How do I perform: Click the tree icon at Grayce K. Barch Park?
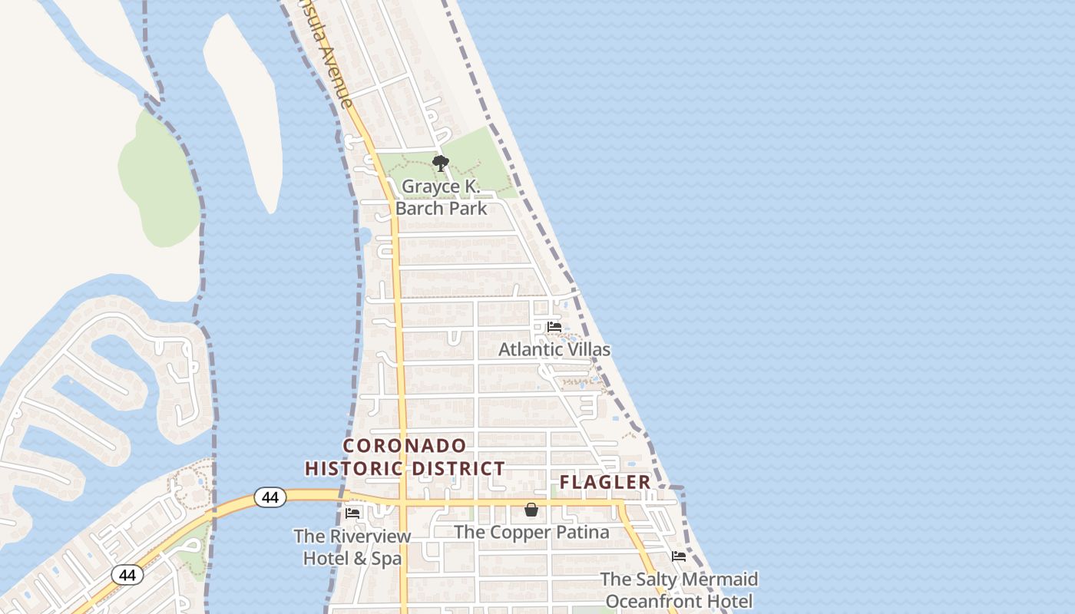coord(440,163)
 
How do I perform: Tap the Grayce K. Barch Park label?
coord(441,197)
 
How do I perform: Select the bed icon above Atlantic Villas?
coord(554,327)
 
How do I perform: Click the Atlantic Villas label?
coord(554,349)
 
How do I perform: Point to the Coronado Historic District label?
coord(405,457)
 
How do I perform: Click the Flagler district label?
coord(605,482)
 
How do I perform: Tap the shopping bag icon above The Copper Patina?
coord(531,510)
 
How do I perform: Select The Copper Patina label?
coord(531,532)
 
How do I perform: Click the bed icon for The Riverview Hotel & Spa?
coord(352,513)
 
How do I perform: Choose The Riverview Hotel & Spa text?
coord(352,546)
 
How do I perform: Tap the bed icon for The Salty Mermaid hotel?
coord(679,556)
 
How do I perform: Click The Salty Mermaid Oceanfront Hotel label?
coord(679,589)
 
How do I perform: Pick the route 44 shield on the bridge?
coord(270,497)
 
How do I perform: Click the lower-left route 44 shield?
coord(127,574)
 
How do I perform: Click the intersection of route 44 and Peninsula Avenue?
coord(401,503)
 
